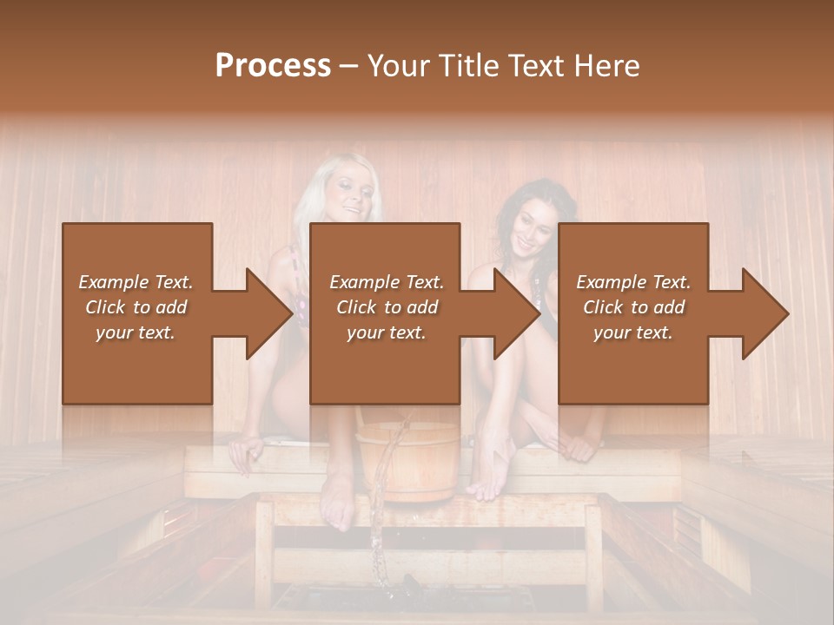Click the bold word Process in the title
click(273, 66)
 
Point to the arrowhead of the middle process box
click(519, 313)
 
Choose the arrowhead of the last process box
click(767, 313)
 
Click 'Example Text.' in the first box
click(136, 282)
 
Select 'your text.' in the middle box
click(386, 332)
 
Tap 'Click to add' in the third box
click(633, 307)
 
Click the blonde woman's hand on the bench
click(244, 451)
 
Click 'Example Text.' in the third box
click(633, 282)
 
